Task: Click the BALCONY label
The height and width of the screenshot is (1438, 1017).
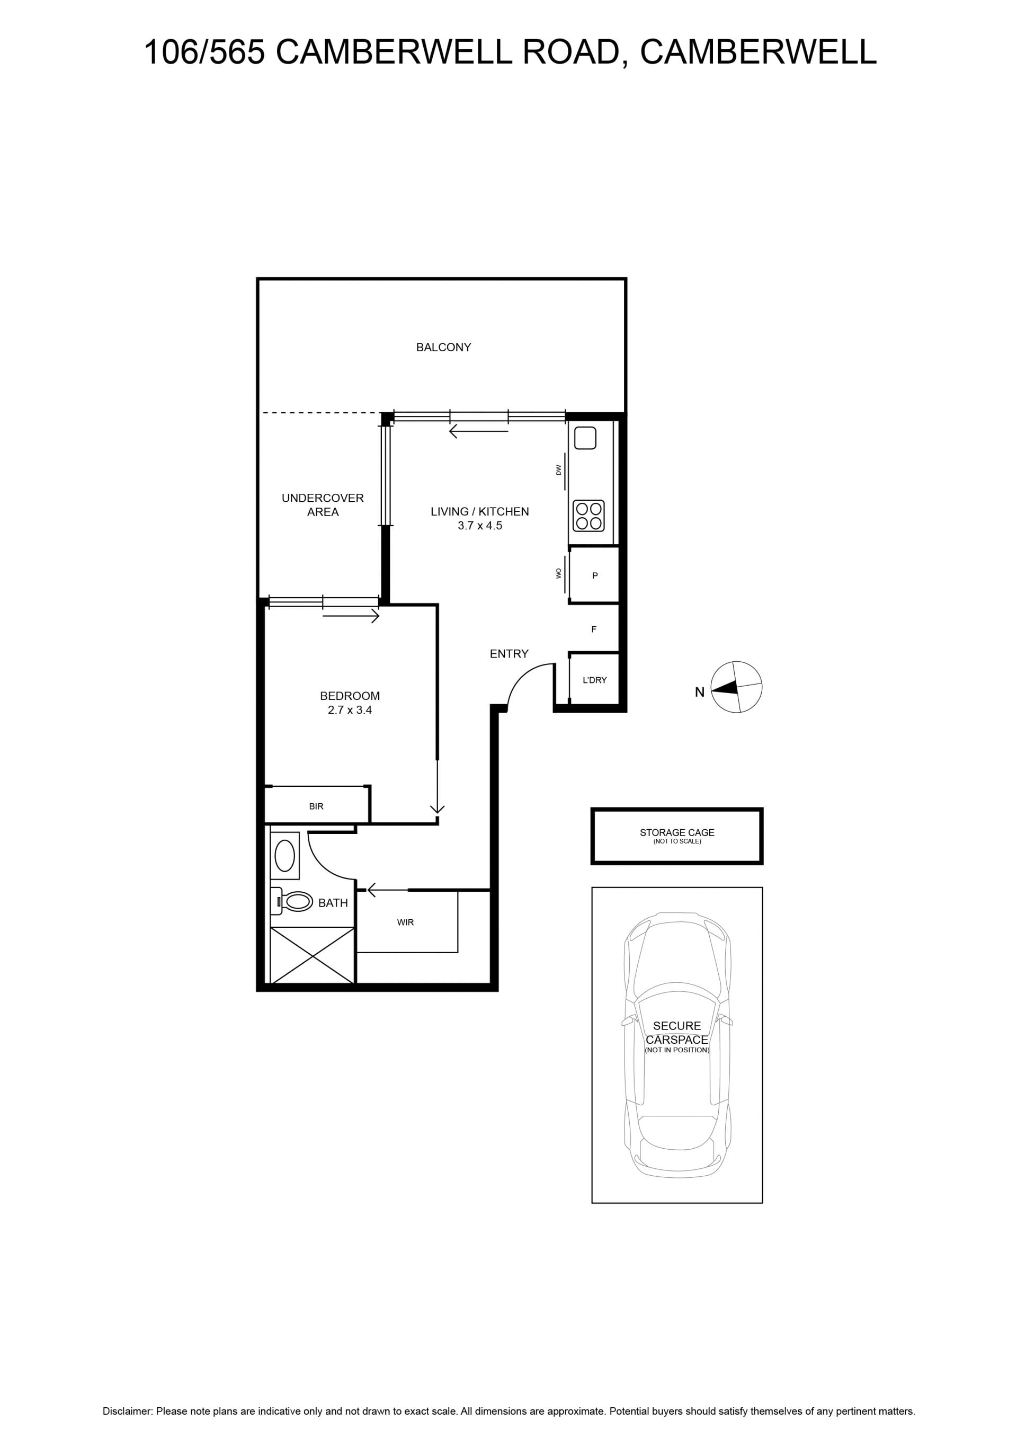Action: tap(443, 347)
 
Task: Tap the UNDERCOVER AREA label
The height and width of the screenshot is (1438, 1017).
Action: tap(323, 505)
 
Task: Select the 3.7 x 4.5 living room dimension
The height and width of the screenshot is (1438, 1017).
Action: tap(480, 526)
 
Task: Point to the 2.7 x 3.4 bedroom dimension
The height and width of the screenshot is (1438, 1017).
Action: tap(350, 710)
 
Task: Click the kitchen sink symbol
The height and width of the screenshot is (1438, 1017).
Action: tap(585, 438)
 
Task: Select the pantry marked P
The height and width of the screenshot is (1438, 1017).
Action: tap(595, 575)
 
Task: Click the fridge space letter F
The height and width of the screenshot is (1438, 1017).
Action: tap(594, 629)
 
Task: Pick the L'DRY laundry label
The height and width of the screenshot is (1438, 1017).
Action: tap(594, 680)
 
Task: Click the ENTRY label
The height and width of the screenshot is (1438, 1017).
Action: tap(509, 654)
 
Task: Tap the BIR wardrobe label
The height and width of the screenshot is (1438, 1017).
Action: tap(316, 806)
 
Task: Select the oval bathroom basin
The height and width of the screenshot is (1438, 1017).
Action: tap(285, 856)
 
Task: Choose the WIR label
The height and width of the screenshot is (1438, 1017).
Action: tap(405, 922)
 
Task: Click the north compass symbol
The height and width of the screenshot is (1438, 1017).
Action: tap(736, 687)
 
